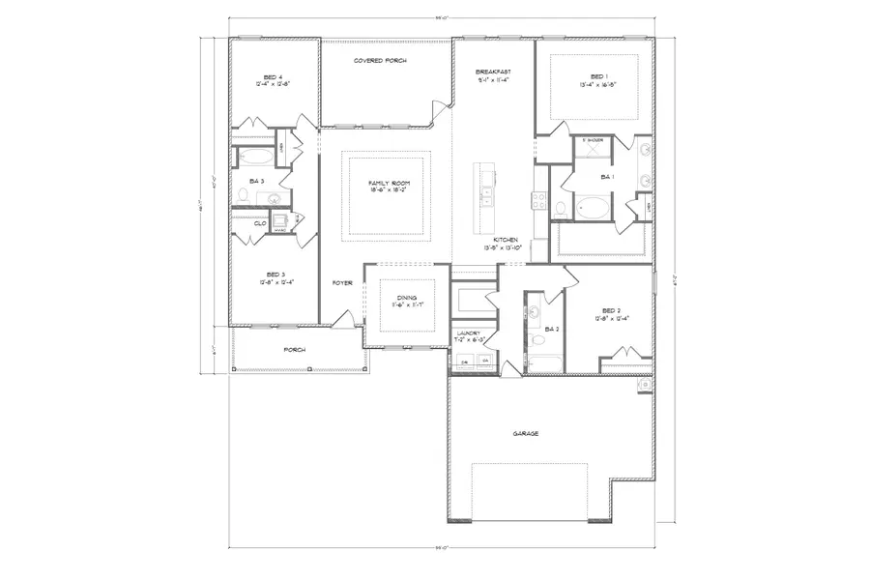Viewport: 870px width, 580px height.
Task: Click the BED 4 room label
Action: tap(274, 77)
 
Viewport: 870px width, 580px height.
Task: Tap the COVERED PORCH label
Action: tap(380, 61)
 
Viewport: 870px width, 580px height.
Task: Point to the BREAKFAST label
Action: tap(492, 72)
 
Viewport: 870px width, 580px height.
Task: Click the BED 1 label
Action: tap(599, 76)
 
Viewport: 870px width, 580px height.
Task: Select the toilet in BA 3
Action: tap(244, 197)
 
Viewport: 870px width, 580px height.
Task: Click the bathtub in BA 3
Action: tap(254, 156)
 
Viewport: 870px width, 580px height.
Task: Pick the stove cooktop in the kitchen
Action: tap(538, 202)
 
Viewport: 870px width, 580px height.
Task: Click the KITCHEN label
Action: tap(507, 240)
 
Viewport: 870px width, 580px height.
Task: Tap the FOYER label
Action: tap(342, 283)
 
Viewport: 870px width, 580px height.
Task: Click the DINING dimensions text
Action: tap(407, 304)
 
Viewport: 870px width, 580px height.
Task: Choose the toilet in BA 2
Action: tap(535, 340)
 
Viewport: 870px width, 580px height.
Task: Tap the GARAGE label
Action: tap(526, 433)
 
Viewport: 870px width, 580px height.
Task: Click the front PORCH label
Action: tap(294, 350)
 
